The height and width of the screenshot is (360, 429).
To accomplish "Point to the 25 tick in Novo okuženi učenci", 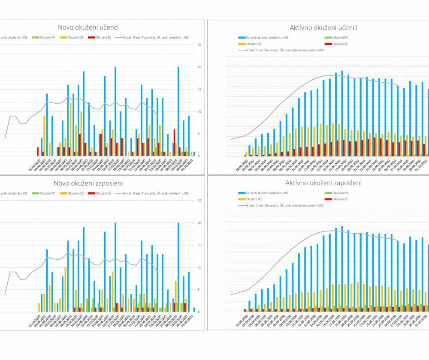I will [199, 45].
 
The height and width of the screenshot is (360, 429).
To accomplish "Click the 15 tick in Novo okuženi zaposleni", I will [199, 245].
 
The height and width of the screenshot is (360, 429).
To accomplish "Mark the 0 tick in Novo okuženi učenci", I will [199, 156].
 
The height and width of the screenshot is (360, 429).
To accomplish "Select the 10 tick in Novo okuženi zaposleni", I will [199, 267].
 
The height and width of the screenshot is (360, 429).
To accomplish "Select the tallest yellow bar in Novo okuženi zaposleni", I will [66, 290].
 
